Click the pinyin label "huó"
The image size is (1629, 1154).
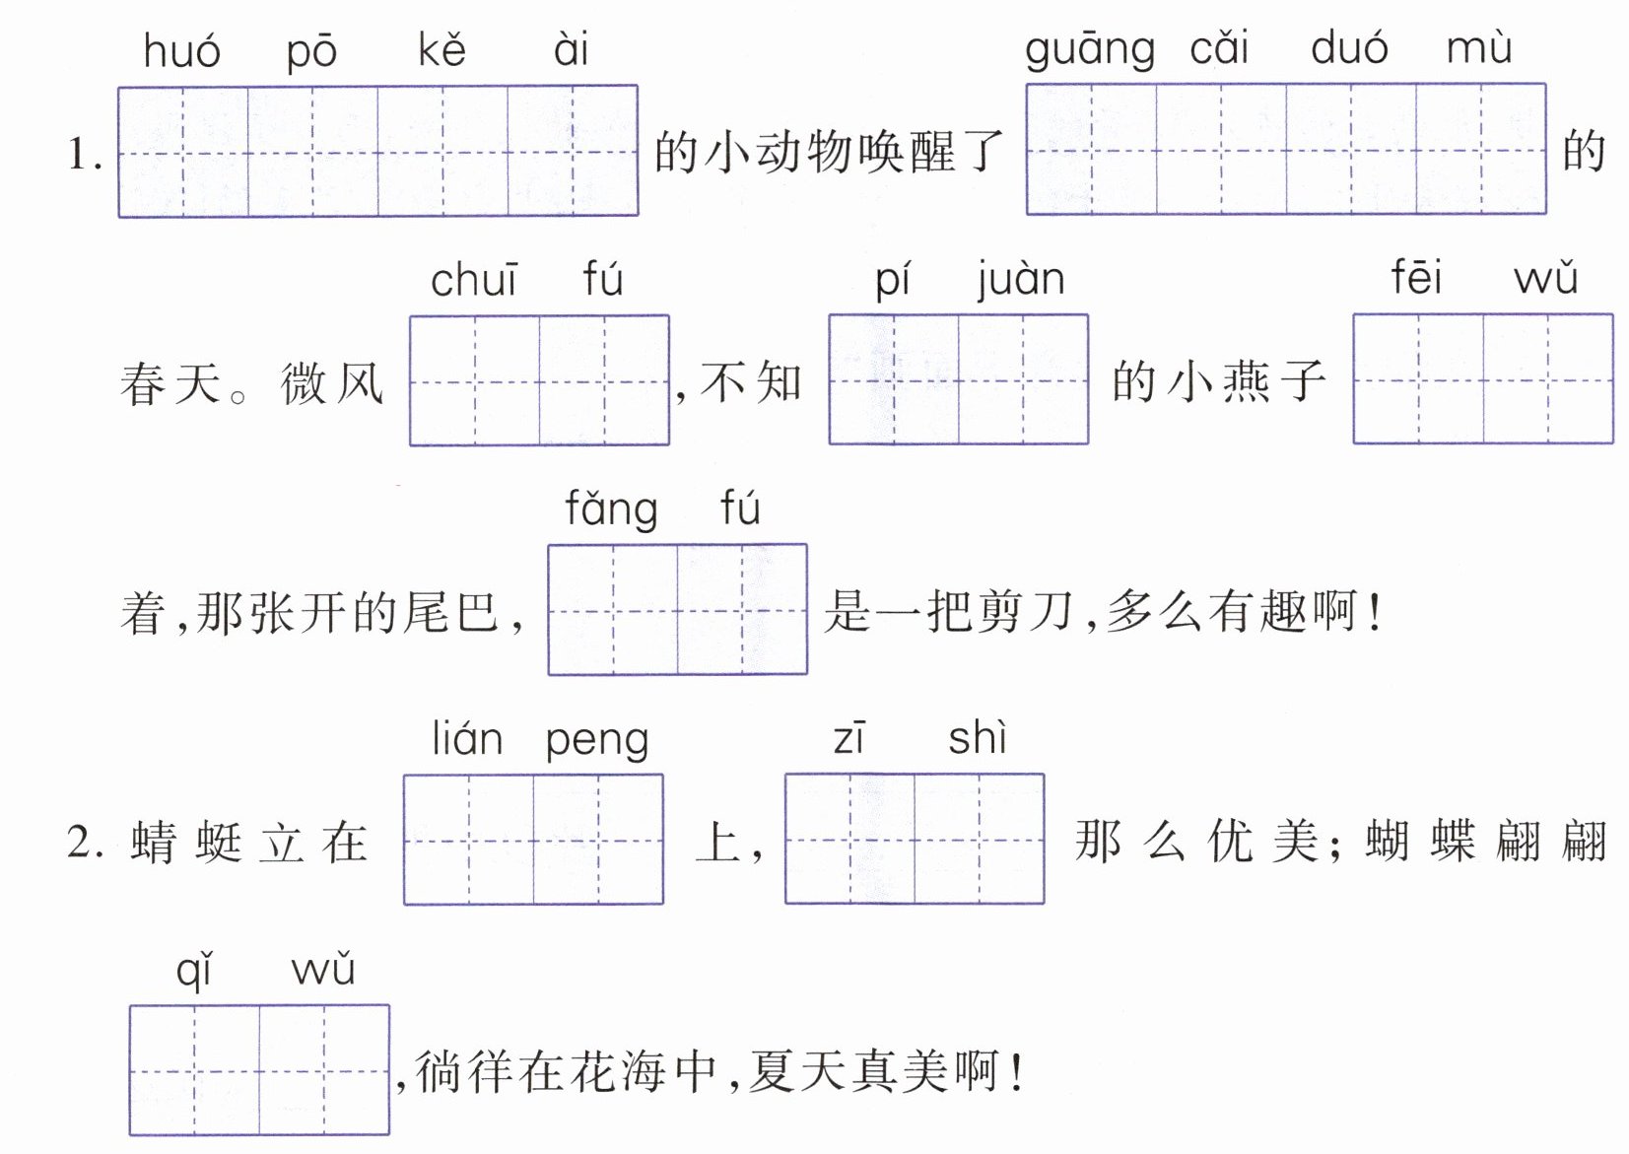tap(181, 51)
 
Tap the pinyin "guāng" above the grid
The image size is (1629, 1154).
tap(1089, 49)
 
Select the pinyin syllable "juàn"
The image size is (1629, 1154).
tap(1021, 280)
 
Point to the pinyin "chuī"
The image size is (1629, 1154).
tap(473, 281)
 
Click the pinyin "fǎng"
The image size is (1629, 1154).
tap(611, 510)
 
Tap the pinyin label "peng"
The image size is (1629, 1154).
tap(596, 741)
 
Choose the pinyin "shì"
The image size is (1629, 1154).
tap(978, 738)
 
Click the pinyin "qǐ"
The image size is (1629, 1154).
tap(194, 971)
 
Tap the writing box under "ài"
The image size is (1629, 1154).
tap(573, 151)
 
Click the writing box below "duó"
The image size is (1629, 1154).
tap(1350, 150)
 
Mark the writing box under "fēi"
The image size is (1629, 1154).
tap(1418, 379)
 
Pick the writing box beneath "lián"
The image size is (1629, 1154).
tap(468, 840)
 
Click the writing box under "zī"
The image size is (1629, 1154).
tap(849, 840)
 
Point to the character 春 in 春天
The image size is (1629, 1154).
tap(144, 383)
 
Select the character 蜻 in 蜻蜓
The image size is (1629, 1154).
tap(154, 843)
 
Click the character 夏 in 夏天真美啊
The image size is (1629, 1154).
tap(773, 1071)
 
